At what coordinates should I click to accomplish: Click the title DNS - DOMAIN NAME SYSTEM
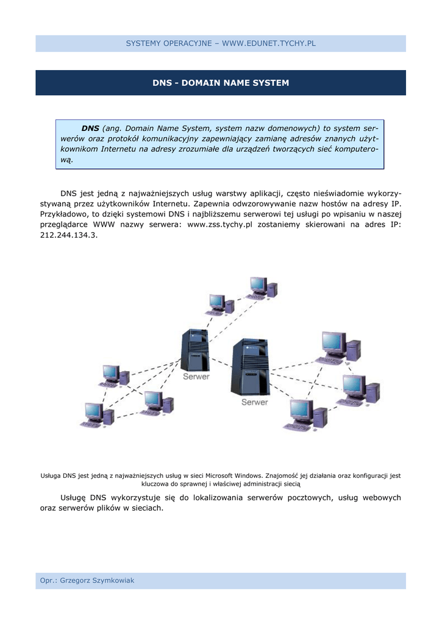[221, 83]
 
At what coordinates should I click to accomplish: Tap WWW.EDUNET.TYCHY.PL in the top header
[269, 44]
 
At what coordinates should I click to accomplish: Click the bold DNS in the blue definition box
[90, 129]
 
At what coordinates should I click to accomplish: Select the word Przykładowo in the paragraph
[63, 214]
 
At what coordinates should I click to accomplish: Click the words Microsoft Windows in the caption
[233, 476]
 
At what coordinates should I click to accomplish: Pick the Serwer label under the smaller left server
[196, 377]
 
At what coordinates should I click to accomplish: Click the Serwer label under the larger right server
[254, 402]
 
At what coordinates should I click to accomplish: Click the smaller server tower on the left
[195, 350]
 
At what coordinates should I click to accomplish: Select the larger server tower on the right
[250, 367]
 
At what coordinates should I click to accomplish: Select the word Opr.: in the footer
[48, 581]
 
